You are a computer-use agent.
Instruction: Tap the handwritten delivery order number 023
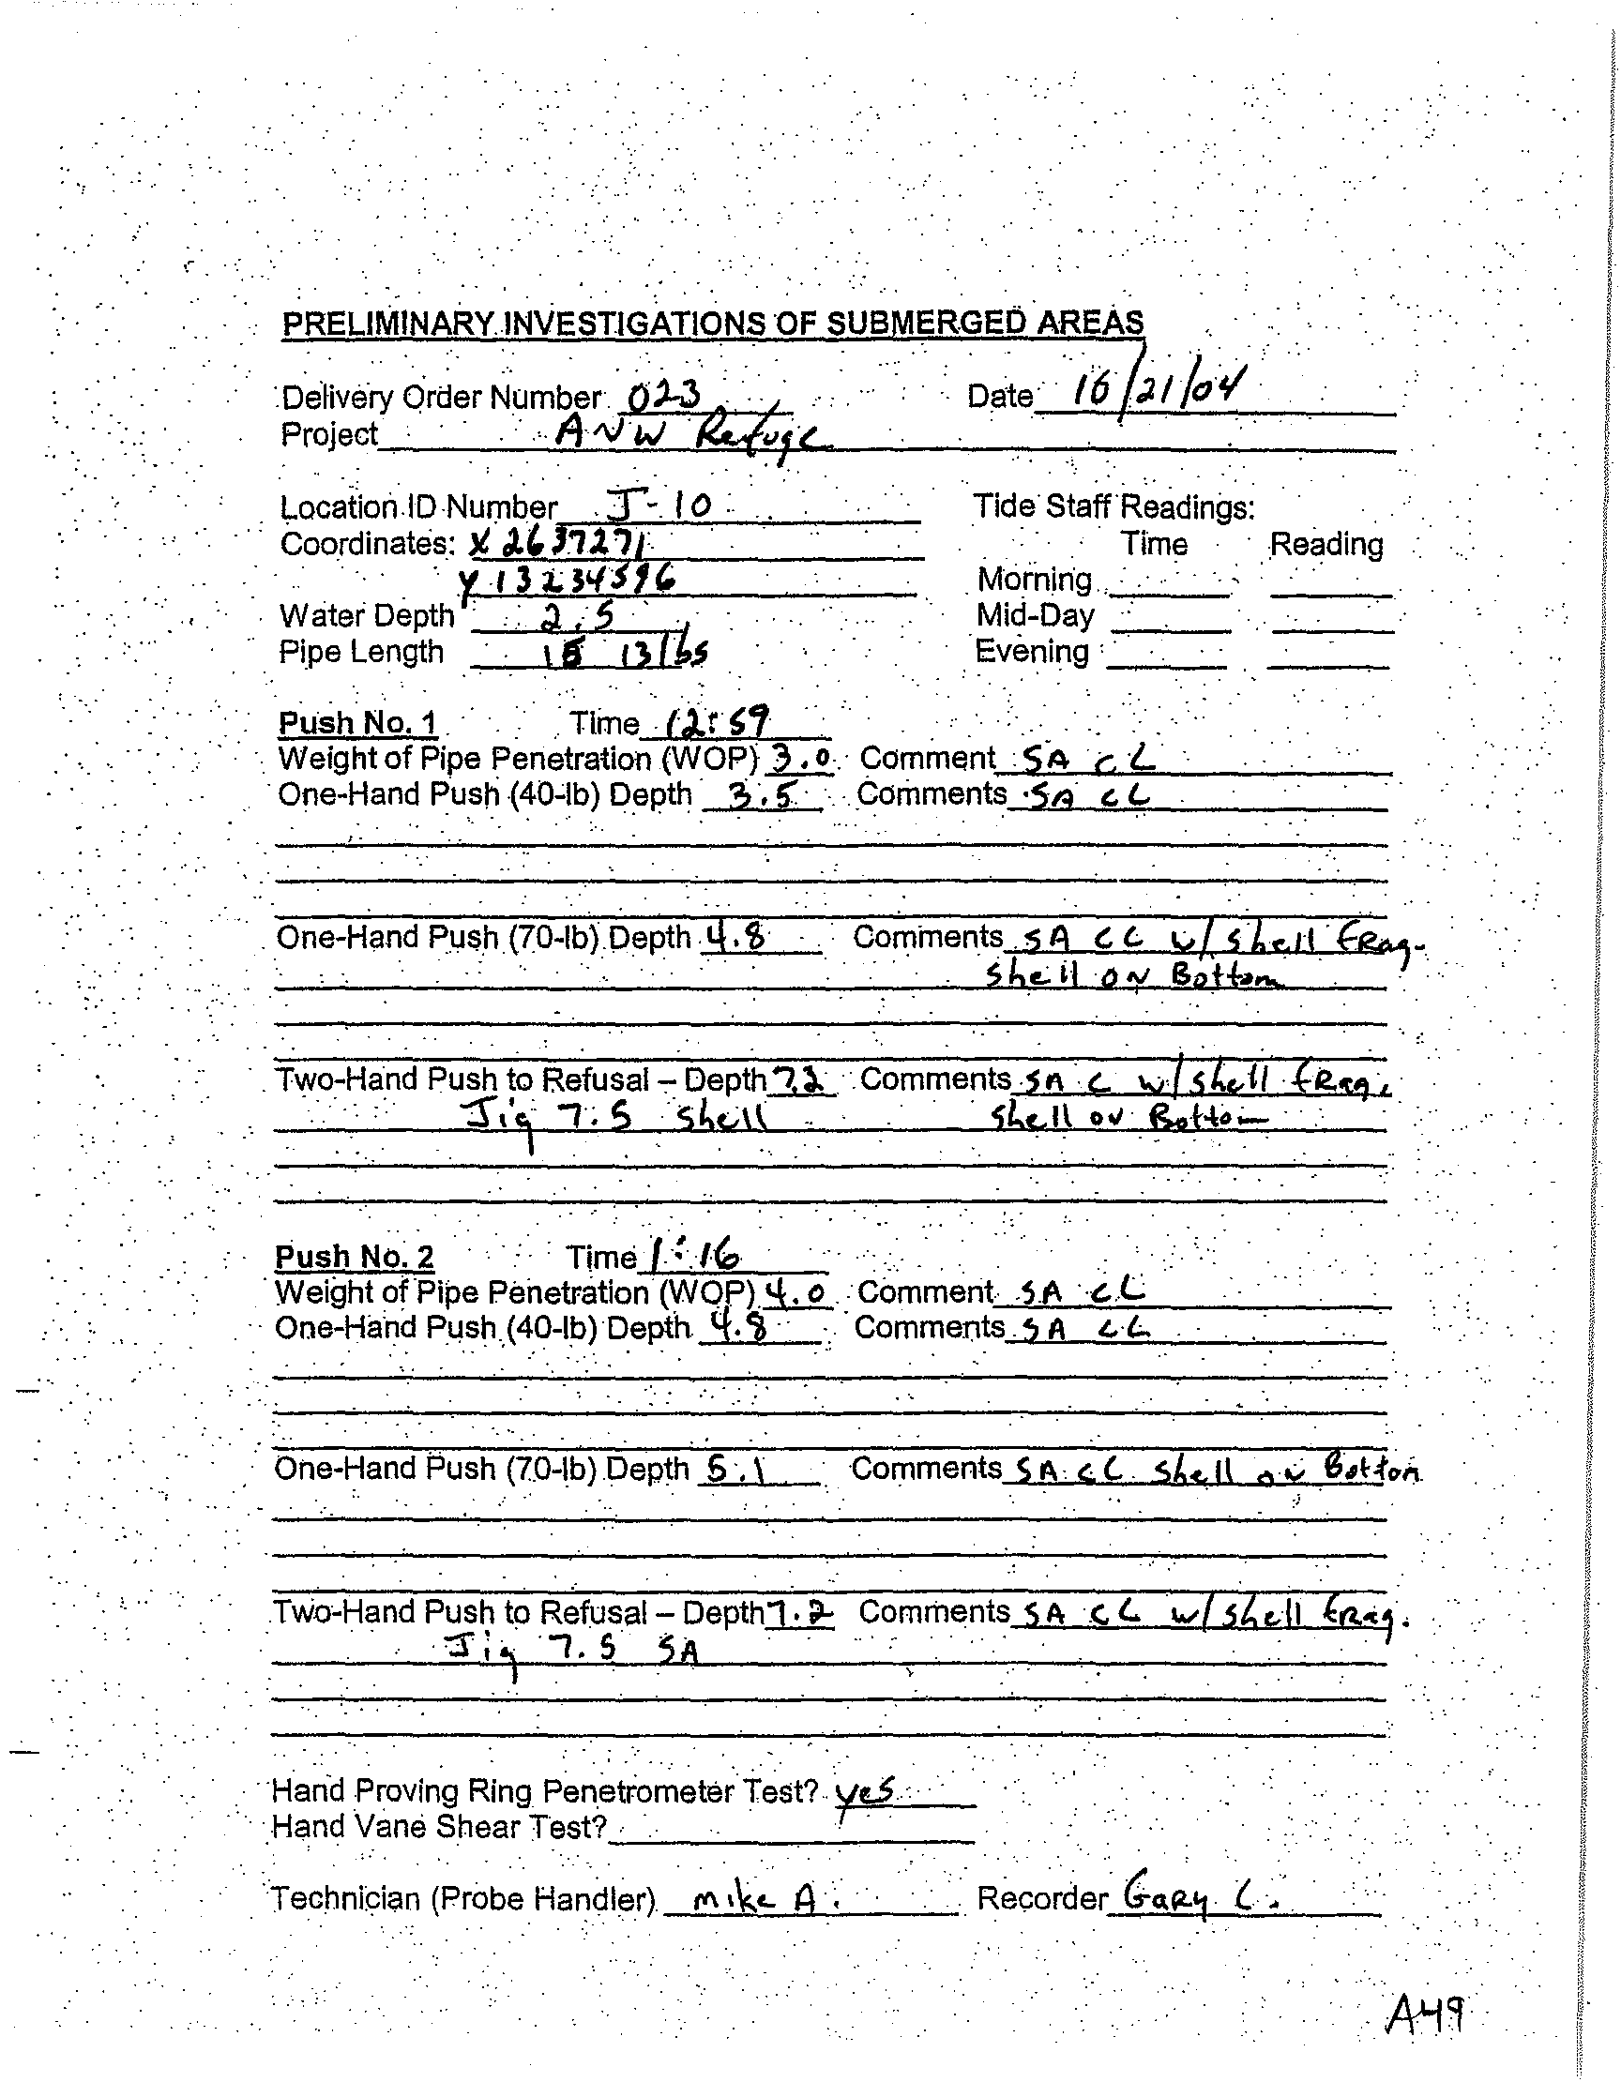664,393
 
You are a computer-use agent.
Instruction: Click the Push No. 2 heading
355,1257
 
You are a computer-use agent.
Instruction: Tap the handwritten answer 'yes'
864,1791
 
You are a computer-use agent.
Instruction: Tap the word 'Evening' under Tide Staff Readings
1032,652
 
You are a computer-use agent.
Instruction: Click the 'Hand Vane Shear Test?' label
440,1827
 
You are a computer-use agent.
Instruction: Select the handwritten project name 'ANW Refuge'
693,437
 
